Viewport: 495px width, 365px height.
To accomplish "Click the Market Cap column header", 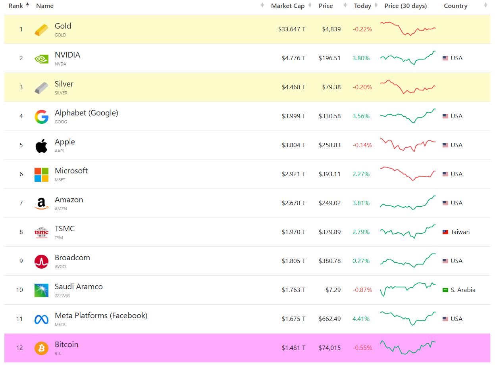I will click(x=287, y=6).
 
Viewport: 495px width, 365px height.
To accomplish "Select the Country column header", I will click(x=455, y=6).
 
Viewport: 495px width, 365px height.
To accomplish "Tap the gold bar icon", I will click(x=41, y=30).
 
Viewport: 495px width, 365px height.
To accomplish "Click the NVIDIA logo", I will click(x=41, y=59).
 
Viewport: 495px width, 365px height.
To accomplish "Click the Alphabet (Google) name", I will click(x=87, y=113).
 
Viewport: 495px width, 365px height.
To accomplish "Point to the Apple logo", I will click(x=41, y=146).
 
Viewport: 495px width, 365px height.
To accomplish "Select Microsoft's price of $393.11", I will click(x=329, y=174).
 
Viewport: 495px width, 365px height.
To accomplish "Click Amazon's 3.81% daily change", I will click(x=361, y=203).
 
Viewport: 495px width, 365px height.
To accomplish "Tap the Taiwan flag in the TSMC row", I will click(x=445, y=232).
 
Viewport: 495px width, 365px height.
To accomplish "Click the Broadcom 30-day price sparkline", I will click(x=408, y=261).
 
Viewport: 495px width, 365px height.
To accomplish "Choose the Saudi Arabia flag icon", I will click(x=445, y=290).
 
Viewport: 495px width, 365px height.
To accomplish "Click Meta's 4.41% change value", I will click(x=361, y=319).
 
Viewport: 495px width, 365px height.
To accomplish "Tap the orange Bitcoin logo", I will click(x=41, y=348).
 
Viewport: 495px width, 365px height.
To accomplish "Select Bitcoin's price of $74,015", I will click(x=329, y=348).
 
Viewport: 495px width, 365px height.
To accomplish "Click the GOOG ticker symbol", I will click(x=61, y=122).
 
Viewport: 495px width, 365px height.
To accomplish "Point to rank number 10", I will click(x=19, y=290).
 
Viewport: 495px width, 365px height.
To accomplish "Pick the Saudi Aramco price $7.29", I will click(x=333, y=290).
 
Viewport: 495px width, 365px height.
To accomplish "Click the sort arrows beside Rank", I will click(x=27, y=5).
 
